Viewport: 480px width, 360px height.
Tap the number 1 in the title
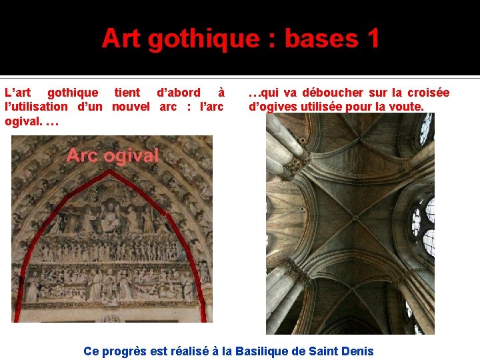click(371, 39)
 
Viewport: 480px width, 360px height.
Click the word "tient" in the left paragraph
click(127, 93)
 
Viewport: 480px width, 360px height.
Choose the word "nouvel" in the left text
click(131, 106)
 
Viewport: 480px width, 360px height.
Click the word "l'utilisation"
click(36, 106)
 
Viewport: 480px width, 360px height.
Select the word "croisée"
click(428, 93)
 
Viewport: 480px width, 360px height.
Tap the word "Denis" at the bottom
click(357, 351)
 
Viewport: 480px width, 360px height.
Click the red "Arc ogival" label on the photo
click(112, 156)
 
